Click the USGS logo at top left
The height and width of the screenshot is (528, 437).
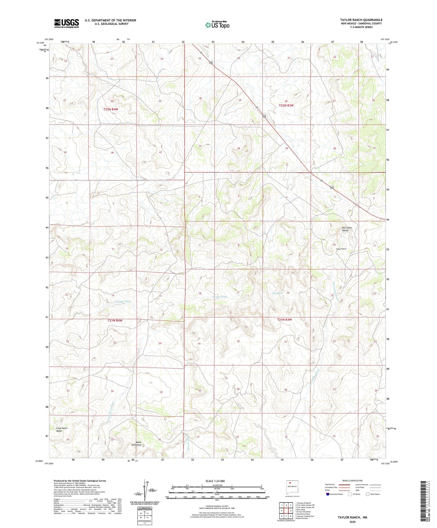[x=66, y=23]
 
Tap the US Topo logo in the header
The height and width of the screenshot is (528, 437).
[x=217, y=25]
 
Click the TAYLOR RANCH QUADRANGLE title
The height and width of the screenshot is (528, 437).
[x=361, y=20]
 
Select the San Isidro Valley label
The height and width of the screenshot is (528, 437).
[x=347, y=229]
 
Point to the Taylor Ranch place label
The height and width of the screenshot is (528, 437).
[x=341, y=249]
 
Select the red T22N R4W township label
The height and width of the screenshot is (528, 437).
[x=111, y=109]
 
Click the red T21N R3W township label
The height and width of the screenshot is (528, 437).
[x=284, y=319]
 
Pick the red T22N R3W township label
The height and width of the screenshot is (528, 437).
[x=286, y=105]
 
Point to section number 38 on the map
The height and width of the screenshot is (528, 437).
[x=238, y=149]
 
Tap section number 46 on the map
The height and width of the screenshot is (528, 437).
[x=112, y=153]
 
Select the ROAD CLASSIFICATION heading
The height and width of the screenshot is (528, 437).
[x=353, y=481]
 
